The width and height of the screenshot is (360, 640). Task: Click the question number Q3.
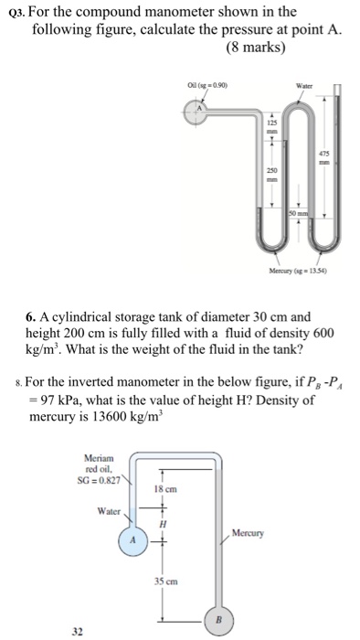pyautogui.click(x=16, y=13)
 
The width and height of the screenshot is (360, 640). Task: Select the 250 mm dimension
pyautogui.click(x=270, y=174)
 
